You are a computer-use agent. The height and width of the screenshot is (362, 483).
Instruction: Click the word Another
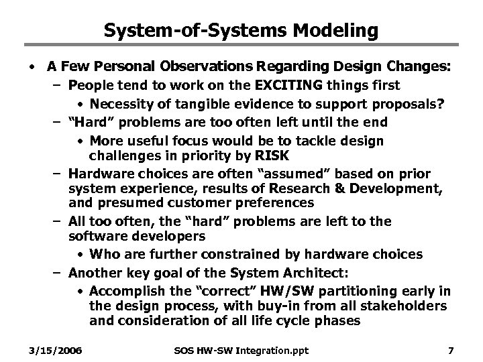(x=95, y=272)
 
